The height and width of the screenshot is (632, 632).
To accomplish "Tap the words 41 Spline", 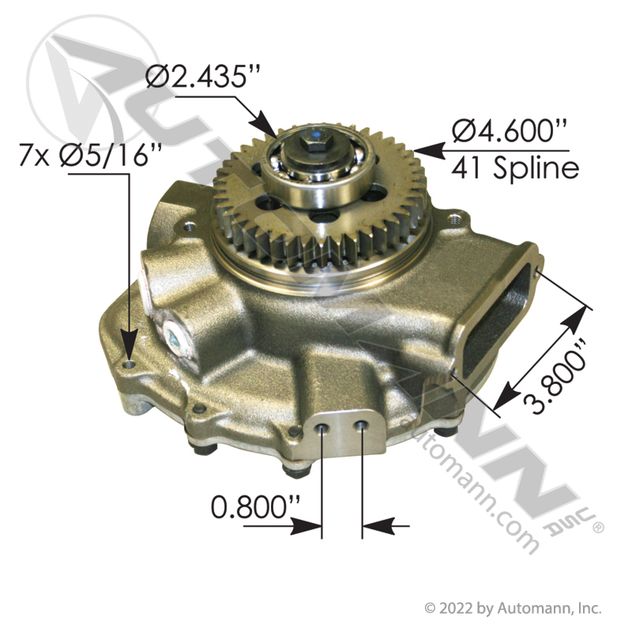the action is pyautogui.click(x=515, y=167).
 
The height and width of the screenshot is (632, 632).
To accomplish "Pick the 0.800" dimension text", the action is pyautogui.click(x=256, y=507).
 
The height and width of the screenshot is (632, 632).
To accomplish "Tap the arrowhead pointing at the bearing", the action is pyautogui.click(x=265, y=125).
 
